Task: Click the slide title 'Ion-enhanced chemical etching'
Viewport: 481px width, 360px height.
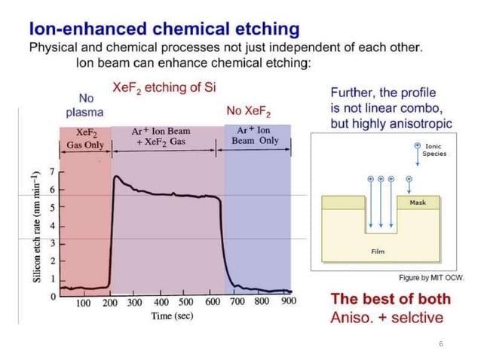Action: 164,29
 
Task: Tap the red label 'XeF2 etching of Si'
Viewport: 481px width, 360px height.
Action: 164,87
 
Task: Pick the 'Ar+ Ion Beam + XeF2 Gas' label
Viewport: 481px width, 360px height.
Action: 161,136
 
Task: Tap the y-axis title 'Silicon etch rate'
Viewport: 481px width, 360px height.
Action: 35,225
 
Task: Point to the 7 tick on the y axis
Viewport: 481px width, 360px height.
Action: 52,172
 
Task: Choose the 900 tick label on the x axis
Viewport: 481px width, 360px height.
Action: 288,303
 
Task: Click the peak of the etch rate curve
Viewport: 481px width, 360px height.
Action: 115,177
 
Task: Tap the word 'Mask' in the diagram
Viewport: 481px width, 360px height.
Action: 418,203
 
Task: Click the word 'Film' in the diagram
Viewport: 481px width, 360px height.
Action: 378,251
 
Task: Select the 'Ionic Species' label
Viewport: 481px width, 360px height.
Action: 434,150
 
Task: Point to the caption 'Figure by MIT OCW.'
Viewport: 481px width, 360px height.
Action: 431,277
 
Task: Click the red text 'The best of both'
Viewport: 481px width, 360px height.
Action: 391,298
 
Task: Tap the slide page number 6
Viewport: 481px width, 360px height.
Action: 441,343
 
